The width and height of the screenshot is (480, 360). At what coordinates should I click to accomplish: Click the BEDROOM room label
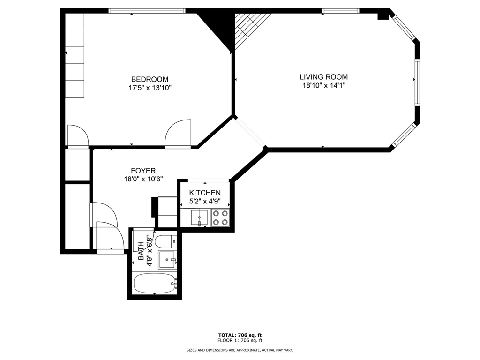150,80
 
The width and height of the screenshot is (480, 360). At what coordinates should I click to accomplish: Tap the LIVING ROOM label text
323,77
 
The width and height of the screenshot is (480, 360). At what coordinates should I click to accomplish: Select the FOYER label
143,171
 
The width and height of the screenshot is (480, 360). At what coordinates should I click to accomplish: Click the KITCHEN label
205,193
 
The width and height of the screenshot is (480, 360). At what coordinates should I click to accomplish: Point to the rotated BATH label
141,251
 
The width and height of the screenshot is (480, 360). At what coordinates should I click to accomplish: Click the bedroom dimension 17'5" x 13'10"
150,88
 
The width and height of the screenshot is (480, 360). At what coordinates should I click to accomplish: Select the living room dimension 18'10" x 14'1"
324,86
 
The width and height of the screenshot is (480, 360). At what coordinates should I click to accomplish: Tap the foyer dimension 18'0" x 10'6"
143,179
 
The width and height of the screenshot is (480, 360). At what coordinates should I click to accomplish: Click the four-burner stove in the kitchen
220,217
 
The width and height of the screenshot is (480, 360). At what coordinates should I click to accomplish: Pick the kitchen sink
199,217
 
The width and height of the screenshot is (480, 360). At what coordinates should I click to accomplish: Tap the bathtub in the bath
155,284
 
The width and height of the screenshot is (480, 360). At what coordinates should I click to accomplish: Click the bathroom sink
167,260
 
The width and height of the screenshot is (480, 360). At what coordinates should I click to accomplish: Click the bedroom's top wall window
147,11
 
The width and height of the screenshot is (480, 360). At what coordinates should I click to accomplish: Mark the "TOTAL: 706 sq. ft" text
240,335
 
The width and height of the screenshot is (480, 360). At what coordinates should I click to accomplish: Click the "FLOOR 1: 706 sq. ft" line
240,340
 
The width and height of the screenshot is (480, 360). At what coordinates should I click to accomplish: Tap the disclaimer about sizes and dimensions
240,350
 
